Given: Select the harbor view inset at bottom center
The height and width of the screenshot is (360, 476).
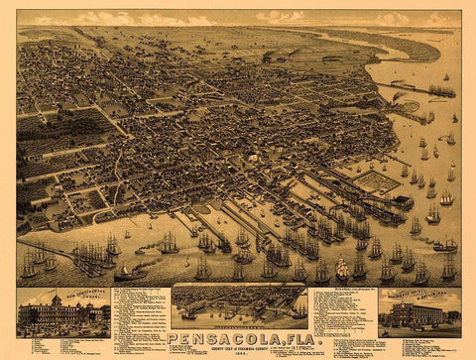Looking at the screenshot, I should coord(238,306).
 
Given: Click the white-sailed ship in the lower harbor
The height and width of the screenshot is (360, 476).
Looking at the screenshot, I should coord(341,268).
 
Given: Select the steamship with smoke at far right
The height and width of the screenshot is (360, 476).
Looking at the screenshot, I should coord(445,244).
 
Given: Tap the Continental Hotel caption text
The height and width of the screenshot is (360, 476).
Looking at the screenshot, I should coord(61,295).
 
